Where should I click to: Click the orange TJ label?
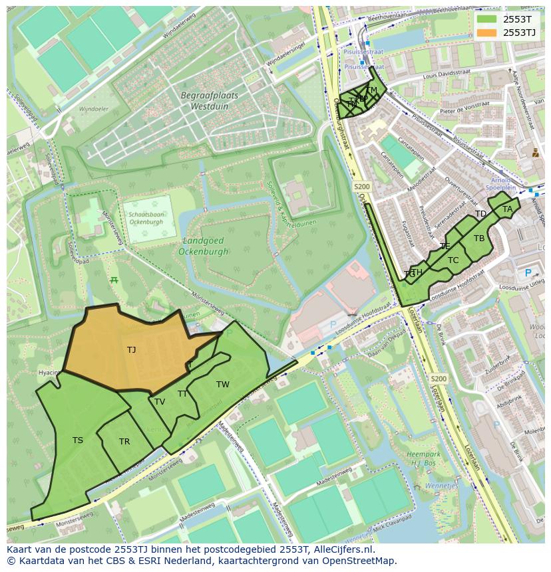click(x=131, y=349)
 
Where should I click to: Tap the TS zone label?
click(x=78, y=440)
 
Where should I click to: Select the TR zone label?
click(x=124, y=442)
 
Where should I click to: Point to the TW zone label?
click(x=222, y=385)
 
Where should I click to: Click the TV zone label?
click(x=160, y=402)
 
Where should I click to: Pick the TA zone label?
click(x=508, y=209)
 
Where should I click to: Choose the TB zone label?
click(x=479, y=238)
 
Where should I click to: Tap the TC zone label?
click(x=453, y=260)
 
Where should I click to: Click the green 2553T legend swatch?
click(x=486, y=19)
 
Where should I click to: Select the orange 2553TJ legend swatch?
click(x=486, y=33)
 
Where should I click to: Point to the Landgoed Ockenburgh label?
click(x=203, y=246)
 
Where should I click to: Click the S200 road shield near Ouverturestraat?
click(x=362, y=187)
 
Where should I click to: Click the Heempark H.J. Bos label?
click(x=423, y=458)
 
